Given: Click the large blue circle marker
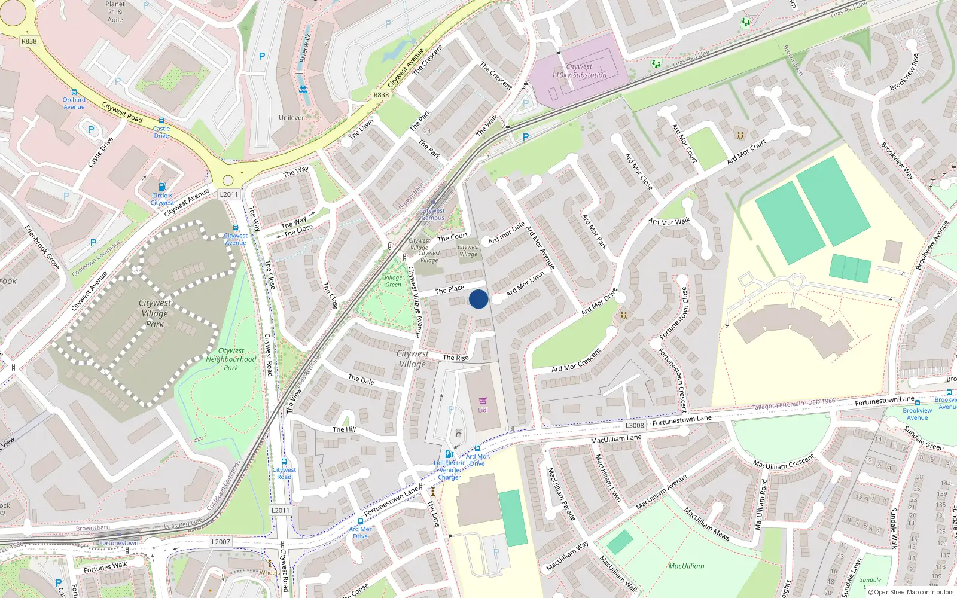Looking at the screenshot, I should point(478,299).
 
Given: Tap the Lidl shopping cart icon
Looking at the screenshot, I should point(483,401).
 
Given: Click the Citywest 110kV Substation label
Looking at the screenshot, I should point(579,71).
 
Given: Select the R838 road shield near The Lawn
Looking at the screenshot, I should point(381,95).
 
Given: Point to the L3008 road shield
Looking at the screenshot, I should point(635,426).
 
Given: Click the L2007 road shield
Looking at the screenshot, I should point(221,542).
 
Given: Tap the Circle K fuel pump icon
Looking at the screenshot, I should point(161,187).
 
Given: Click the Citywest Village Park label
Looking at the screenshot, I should point(155,313).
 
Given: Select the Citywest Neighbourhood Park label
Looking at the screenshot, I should point(231,359).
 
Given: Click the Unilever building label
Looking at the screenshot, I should point(292,118).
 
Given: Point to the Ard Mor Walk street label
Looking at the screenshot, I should point(669,221).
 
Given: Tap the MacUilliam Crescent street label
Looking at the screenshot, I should point(784,462).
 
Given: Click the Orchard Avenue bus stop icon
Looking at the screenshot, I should point(74,93).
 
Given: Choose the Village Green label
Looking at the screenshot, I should point(393,281).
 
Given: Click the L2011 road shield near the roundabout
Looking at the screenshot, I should point(228,194).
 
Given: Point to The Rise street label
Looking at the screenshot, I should point(456,358).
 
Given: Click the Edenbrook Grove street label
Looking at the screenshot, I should point(42,246).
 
